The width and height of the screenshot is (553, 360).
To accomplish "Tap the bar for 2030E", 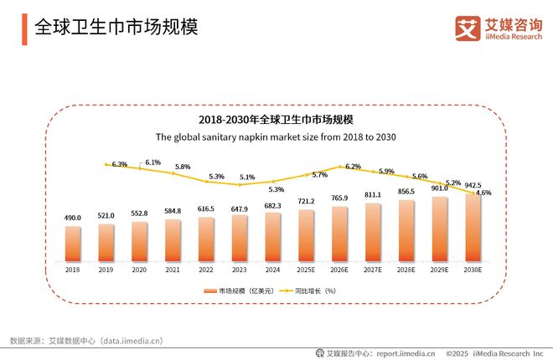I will pos(473,228).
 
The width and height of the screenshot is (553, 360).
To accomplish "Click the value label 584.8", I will pos(173,211).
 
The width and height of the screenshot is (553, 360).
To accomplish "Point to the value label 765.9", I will pos(339,198).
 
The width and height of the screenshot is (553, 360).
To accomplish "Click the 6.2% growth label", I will pos(352,167).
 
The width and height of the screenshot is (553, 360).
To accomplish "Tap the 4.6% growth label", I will pos(483,193).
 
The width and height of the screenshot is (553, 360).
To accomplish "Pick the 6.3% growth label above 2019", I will pos(119,164).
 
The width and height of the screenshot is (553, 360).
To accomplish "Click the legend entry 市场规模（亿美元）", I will pos(239,290).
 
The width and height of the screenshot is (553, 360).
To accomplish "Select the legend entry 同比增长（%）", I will pos(314,290).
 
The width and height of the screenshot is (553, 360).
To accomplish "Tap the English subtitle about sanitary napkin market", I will pos(276,136).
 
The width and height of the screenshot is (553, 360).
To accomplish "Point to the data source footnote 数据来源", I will pos(86,341).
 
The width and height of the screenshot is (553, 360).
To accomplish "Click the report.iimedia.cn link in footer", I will pos(405,353).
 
